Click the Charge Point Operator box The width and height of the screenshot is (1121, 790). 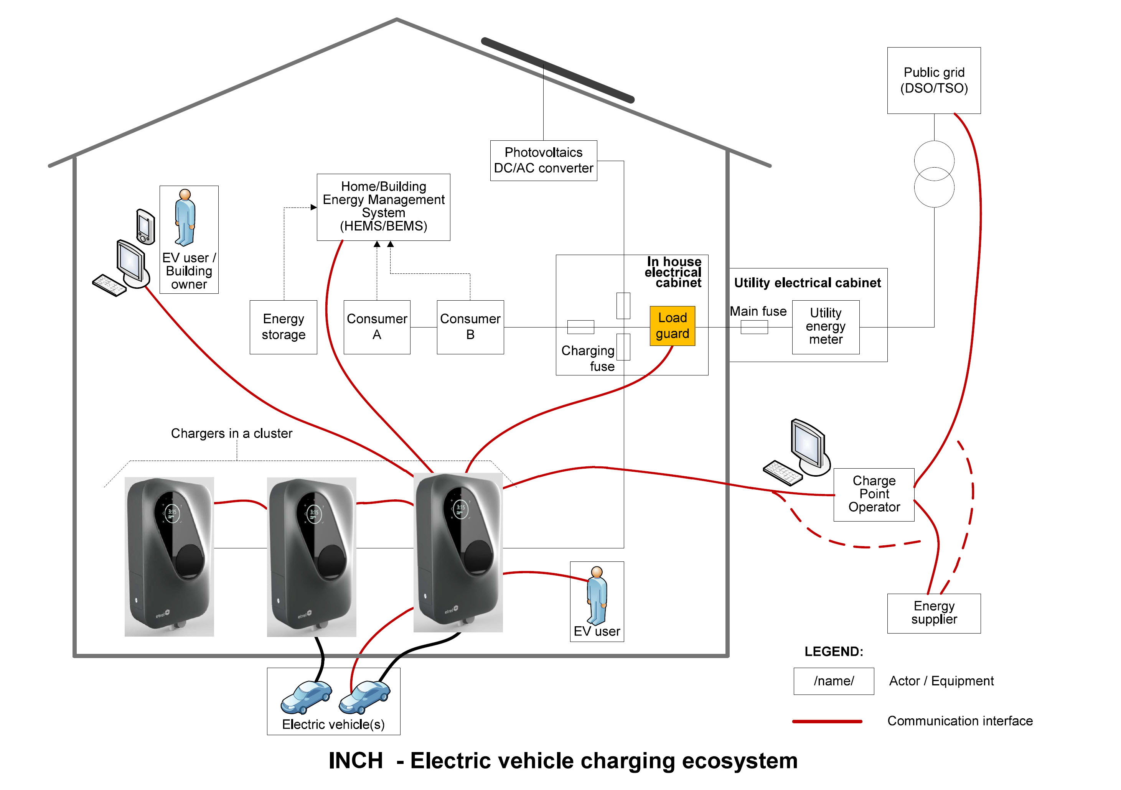coord(874,494)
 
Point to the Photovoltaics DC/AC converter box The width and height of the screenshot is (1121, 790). coord(543,161)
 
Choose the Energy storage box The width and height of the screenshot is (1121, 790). coord(283,327)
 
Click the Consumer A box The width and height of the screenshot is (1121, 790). coord(376,327)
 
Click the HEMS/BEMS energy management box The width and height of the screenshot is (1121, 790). coord(383,207)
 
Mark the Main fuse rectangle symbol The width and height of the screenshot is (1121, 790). coord(754,327)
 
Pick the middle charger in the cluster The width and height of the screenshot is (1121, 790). coord(312,556)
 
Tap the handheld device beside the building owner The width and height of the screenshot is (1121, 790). coord(145,226)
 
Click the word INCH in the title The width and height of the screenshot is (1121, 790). coord(355,760)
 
